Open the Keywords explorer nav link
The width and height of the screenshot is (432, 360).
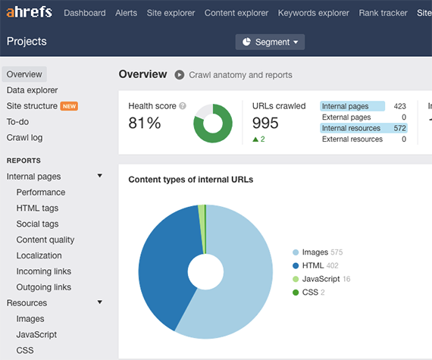coord(314,13)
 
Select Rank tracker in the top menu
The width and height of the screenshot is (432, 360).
coord(383,13)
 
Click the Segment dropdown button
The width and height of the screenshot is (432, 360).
coord(270,42)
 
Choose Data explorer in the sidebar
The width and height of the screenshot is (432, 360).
coord(32,90)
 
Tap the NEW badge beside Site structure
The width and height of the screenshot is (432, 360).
coord(69,106)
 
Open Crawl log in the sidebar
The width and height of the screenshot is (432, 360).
coord(25,137)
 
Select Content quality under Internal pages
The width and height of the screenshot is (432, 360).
coord(45,239)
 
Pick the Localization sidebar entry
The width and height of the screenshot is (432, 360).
coord(39,255)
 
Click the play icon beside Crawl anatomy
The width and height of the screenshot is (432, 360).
coord(180,74)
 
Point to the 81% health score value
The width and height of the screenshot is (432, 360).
coord(144,123)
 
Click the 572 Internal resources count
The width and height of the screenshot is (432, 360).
coord(399,128)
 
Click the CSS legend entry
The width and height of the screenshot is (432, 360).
coord(311,293)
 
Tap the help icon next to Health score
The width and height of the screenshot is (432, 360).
coord(183,106)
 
